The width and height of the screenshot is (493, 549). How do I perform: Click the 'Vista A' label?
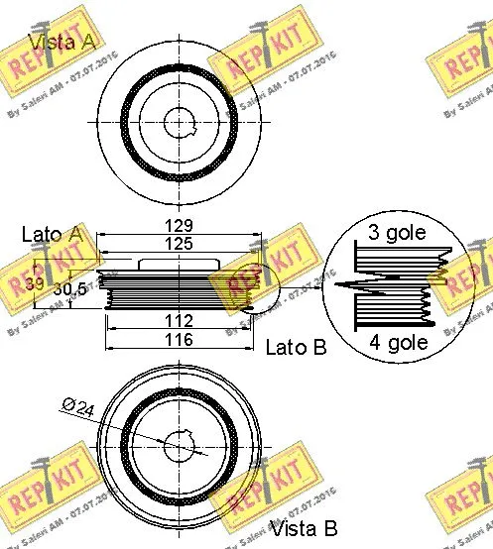click(x=62, y=42)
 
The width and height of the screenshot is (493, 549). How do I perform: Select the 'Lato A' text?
click(x=51, y=234)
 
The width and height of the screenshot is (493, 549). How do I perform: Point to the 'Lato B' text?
click(x=295, y=347)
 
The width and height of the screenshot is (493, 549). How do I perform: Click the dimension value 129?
click(x=179, y=225)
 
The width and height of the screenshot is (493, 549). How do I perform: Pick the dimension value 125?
click(x=179, y=243)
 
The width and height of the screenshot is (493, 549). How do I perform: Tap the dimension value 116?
click(x=179, y=340)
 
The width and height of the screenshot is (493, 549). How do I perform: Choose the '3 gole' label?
click(x=397, y=234)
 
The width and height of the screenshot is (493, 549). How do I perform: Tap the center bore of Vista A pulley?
click(x=180, y=122)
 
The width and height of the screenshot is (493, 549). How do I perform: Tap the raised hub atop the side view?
click(x=180, y=264)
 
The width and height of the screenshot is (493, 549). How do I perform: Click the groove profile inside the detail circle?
click(x=392, y=286)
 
